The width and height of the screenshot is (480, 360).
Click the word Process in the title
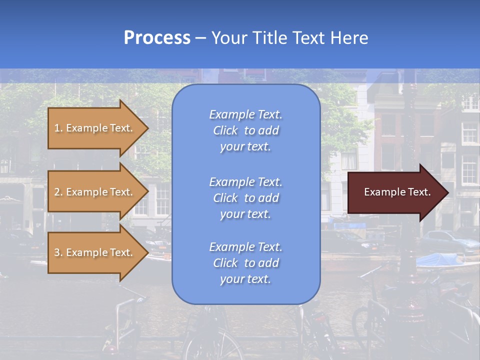[157, 38]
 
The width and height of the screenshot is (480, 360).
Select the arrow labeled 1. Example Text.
[95, 128]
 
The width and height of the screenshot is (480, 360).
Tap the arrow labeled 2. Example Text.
[95, 192]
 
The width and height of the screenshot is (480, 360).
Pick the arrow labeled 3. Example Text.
[95, 252]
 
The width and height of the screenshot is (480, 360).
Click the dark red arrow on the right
[395, 192]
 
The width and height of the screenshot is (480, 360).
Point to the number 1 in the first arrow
[57, 128]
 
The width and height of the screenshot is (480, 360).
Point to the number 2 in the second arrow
[57, 192]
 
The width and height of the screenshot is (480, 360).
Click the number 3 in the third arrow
[57, 252]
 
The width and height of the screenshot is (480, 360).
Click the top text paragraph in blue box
[245, 130]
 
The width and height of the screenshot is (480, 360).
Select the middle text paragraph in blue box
[245, 198]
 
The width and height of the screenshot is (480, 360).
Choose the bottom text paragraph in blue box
[245, 263]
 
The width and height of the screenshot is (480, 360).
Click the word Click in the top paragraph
[225, 130]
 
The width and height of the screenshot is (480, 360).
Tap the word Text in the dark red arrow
[419, 192]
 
